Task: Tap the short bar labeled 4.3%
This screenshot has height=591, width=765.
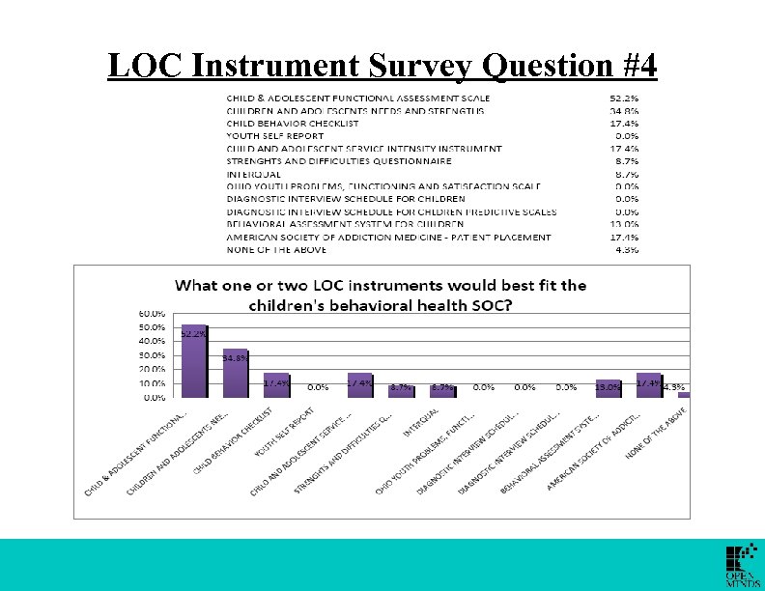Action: (x=684, y=394)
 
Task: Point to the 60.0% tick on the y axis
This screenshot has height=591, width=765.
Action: (x=151, y=314)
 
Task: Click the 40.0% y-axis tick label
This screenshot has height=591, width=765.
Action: (x=151, y=342)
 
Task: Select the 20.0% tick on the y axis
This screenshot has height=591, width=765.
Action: (x=151, y=370)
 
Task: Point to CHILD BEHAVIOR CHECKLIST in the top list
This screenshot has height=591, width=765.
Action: (x=293, y=124)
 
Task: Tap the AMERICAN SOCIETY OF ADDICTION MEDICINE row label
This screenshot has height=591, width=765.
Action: (x=389, y=237)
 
